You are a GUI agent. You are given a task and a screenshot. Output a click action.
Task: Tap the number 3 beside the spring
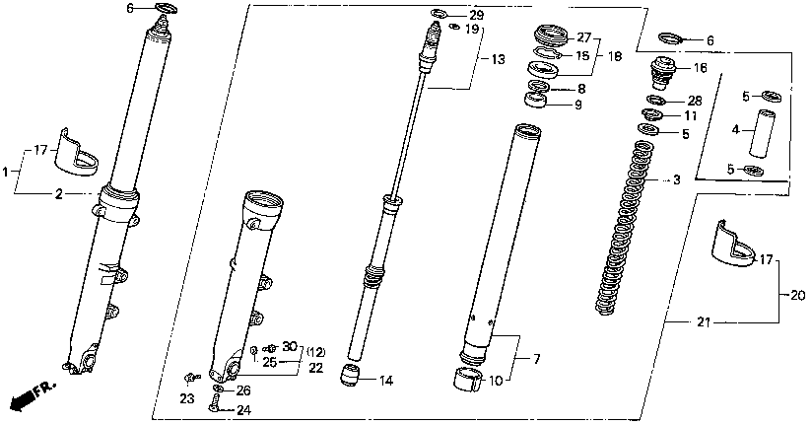(x=676, y=180)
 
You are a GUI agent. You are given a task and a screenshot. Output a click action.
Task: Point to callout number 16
(x=701, y=68)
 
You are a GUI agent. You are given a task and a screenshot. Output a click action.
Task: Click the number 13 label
(x=498, y=60)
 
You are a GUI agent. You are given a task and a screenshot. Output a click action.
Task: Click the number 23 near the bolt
(x=187, y=399)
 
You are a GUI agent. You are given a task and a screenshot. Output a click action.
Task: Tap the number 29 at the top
(x=476, y=16)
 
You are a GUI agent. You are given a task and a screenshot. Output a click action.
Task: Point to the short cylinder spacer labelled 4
(x=757, y=133)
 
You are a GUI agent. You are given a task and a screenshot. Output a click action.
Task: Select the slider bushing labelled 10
(x=466, y=378)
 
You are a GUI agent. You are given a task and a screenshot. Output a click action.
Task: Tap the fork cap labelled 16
(x=660, y=71)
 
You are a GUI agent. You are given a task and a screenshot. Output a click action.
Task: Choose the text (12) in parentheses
(x=313, y=352)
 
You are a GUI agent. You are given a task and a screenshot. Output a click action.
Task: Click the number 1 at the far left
(x=6, y=172)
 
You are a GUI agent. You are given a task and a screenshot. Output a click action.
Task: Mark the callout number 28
(x=694, y=101)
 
